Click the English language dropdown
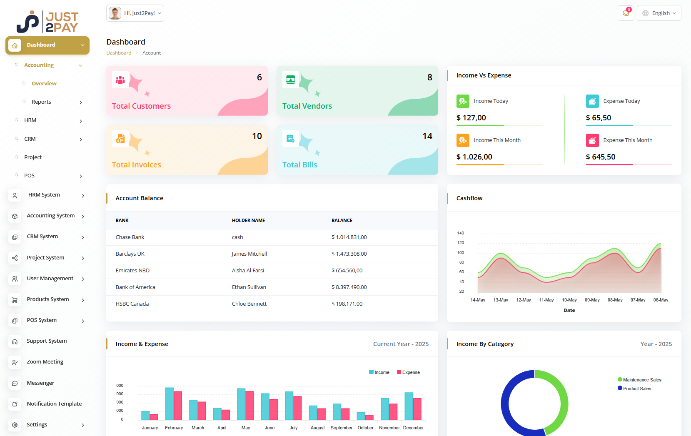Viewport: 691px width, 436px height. click(x=659, y=13)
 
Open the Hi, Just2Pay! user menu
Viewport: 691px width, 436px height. click(x=135, y=13)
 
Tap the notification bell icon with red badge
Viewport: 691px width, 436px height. click(x=626, y=13)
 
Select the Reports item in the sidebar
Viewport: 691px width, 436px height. click(x=41, y=102)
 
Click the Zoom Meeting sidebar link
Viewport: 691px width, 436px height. click(x=45, y=362)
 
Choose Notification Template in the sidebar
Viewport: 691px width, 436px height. click(x=54, y=404)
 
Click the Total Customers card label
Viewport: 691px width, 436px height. click(x=141, y=106)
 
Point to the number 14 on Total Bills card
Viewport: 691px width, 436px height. click(x=427, y=136)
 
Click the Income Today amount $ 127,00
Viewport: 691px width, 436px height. click(x=471, y=118)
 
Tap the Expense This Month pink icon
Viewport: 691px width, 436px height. click(x=592, y=140)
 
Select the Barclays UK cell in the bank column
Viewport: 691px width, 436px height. click(x=130, y=254)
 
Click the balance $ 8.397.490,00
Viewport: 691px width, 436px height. click(x=349, y=287)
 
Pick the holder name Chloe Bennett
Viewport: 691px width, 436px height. click(x=249, y=304)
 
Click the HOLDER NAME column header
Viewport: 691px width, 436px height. click(x=248, y=221)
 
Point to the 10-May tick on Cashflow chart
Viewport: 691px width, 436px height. click(x=569, y=300)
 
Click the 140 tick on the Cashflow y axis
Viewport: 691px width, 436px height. click(x=460, y=233)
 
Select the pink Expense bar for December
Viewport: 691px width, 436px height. click(x=417, y=409)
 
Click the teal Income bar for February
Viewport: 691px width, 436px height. click(x=169, y=404)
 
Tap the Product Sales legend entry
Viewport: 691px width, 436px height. click(x=636, y=389)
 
